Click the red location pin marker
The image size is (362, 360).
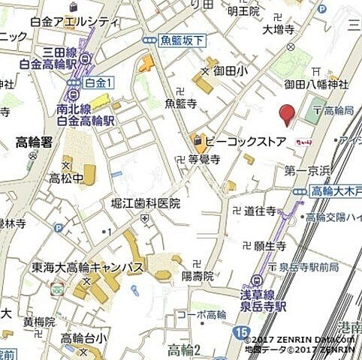point(286,114)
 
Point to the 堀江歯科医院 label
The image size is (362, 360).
point(146,202)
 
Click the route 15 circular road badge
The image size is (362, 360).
point(241,331)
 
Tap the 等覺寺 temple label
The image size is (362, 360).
point(203,159)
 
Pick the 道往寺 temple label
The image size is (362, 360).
point(260,211)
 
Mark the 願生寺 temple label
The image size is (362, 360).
point(270,245)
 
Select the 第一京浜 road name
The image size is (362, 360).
point(303,171)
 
